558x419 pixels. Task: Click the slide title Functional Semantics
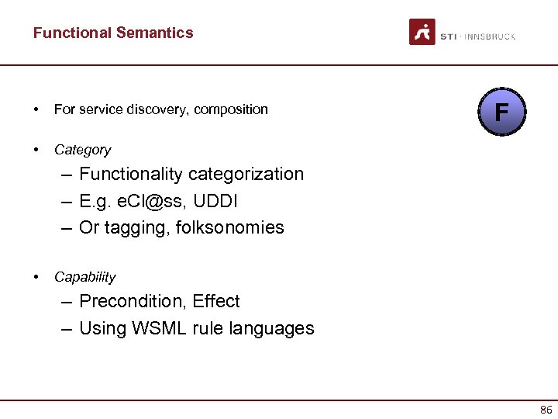click(x=113, y=33)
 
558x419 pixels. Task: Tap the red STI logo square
click(x=422, y=33)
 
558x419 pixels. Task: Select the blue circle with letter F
click(x=501, y=113)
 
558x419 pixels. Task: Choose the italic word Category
click(x=82, y=150)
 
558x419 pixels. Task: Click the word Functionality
click(x=127, y=174)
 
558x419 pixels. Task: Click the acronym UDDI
click(x=215, y=201)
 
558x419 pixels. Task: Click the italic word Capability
click(x=84, y=277)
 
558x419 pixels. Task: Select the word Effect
click(x=217, y=301)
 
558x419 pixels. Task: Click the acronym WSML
click(x=153, y=328)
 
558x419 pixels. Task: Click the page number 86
click(x=546, y=410)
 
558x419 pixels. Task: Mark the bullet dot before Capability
click(x=36, y=276)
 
